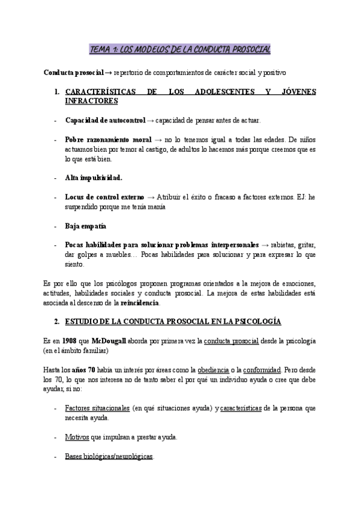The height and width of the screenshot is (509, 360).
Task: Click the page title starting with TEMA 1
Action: click(x=180, y=49)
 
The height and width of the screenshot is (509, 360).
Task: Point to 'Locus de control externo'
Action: click(x=104, y=197)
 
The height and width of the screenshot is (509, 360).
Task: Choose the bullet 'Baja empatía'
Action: click(x=85, y=226)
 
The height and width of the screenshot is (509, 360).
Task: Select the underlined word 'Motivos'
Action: click(x=78, y=436)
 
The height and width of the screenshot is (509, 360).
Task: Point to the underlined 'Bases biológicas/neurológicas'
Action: click(x=109, y=456)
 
